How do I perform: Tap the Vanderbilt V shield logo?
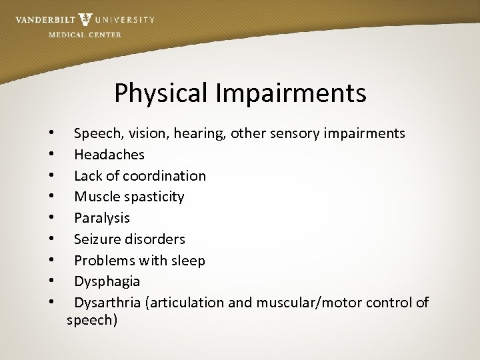point(85,19)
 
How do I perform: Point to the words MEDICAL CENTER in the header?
point(85,35)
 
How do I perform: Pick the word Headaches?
point(109,155)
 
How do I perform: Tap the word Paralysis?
point(102,218)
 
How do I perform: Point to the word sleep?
point(188,260)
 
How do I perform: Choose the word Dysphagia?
point(107,281)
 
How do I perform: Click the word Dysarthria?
point(107,303)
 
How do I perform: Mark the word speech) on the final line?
point(92,320)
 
